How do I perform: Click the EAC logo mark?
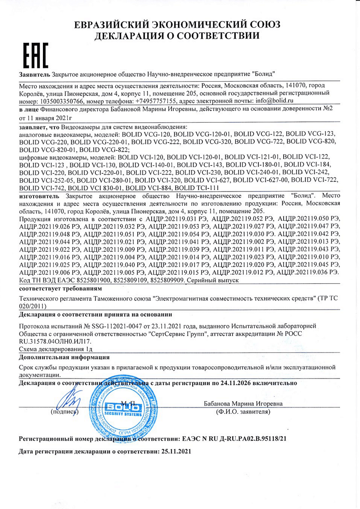[x=35, y=56]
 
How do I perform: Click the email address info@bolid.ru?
[x=274, y=101]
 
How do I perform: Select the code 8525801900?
[x=91, y=280]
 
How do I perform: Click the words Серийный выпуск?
[x=213, y=280]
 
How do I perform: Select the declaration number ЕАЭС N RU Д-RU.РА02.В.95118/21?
[x=234, y=439]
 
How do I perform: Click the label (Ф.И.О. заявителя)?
[x=243, y=412]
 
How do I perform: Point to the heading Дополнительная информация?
[x=64, y=357]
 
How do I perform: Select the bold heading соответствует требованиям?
[x=60, y=289]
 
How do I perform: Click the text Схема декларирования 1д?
[x=56, y=349]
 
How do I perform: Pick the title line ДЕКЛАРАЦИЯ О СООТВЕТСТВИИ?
[x=177, y=36]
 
